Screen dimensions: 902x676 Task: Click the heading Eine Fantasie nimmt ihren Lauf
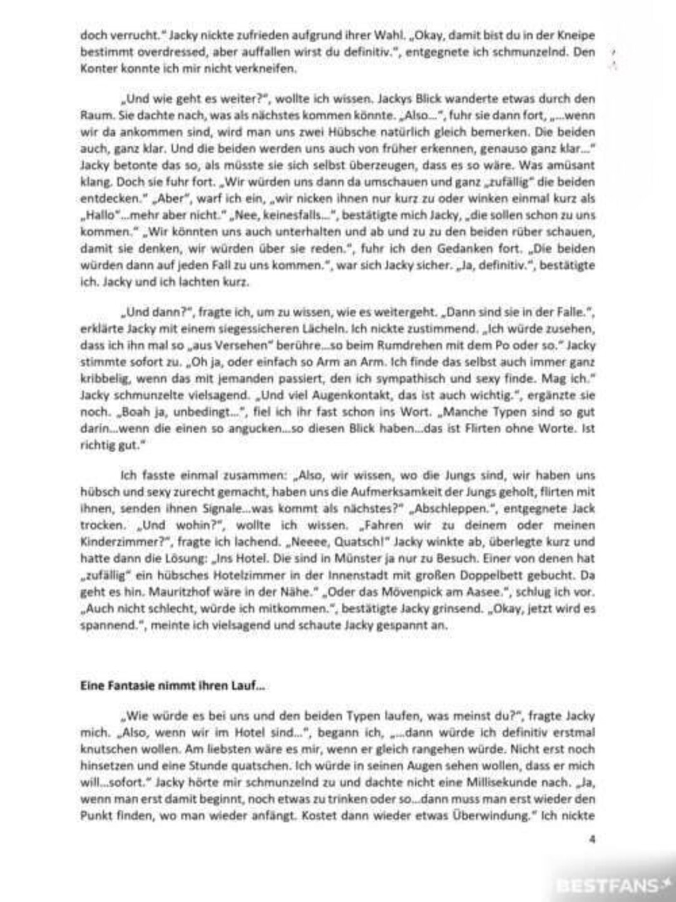pos(172,685)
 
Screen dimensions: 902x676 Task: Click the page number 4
pos(591,839)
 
